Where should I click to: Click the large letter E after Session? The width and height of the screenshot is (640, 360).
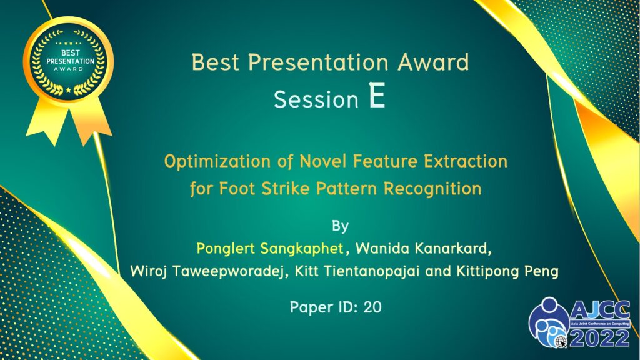[x=377, y=95]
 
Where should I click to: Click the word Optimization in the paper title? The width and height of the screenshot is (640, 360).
[x=217, y=162]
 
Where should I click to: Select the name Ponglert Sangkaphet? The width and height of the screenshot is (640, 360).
[x=270, y=249]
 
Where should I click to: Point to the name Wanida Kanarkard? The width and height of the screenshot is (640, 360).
[x=423, y=248]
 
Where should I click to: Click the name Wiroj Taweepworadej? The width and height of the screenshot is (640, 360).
[x=207, y=271]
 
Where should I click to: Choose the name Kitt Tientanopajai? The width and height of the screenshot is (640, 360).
[x=357, y=271]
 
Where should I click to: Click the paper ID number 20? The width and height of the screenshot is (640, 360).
[x=372, y=307]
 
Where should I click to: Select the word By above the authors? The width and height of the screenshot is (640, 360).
[x=340, y=226]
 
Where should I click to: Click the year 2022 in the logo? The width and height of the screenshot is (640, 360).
[x=599, y=338]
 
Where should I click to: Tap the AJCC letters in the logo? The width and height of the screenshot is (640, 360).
[x=599, y=311]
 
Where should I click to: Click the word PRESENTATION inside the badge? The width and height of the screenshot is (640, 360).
[x=70, y=61]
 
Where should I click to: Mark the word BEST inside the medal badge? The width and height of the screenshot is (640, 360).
[x=70, y=52]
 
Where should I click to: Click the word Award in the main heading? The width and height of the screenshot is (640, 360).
[x=434, y=62]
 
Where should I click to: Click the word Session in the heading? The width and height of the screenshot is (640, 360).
[x=316, y=99]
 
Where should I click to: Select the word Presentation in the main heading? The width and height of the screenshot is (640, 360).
[x=318, y=62]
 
